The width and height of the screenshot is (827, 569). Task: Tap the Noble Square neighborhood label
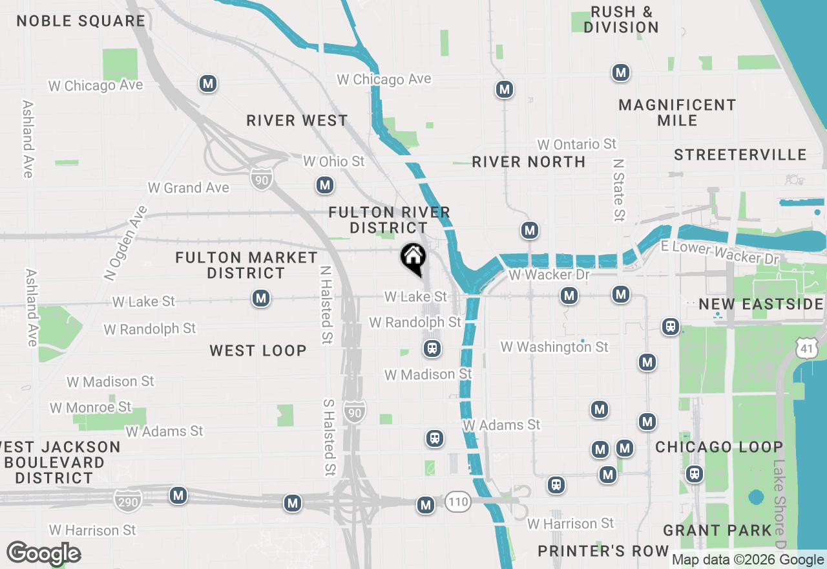(81, 21)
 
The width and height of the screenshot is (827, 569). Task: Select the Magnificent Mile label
(677, 113)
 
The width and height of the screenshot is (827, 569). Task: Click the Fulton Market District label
(247, 265)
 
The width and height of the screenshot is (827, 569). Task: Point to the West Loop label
(258, 350)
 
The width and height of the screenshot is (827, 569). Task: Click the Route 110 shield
(457, 502)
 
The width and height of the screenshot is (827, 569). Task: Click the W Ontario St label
(577, 144)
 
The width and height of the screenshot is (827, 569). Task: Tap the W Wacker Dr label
(549, 275)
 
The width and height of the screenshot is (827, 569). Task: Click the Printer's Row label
(603, 551)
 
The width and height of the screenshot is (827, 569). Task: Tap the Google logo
(43, 553)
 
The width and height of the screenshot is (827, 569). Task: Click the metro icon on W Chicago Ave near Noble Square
(207, 83)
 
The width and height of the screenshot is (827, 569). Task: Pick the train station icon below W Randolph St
(432, 349)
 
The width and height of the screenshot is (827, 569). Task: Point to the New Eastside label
(760, 304)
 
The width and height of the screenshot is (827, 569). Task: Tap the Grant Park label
(717, 531)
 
